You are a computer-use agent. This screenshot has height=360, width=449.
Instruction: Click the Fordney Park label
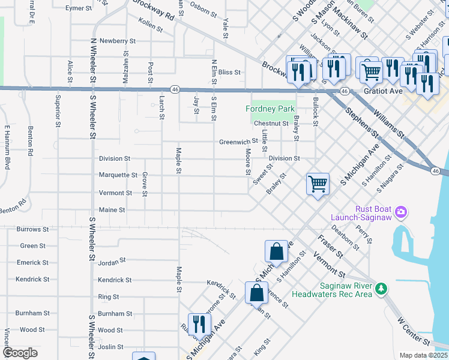pos(271,109)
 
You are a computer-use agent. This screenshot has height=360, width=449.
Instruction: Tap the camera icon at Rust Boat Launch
pos(402,212)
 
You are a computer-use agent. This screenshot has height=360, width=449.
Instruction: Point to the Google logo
pos(20,353)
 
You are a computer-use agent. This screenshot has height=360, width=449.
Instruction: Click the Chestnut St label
pos(271,124)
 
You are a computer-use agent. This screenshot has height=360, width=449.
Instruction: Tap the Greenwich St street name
pos(238,142)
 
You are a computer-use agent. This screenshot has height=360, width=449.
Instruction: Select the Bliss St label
pos(229,72)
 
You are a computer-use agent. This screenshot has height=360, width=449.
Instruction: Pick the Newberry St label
pos(118,41)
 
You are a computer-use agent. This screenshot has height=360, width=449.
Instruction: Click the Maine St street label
pos(112,210)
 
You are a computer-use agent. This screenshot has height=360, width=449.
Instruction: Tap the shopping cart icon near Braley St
pos(318,184)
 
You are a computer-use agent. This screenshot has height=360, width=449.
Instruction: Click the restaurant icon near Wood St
pos(199,325)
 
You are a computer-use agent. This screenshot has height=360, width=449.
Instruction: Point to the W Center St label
pos(414,331)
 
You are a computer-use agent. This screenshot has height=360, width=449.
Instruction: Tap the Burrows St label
pos(32,229)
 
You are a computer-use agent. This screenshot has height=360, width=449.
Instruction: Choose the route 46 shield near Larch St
pos(174,89)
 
